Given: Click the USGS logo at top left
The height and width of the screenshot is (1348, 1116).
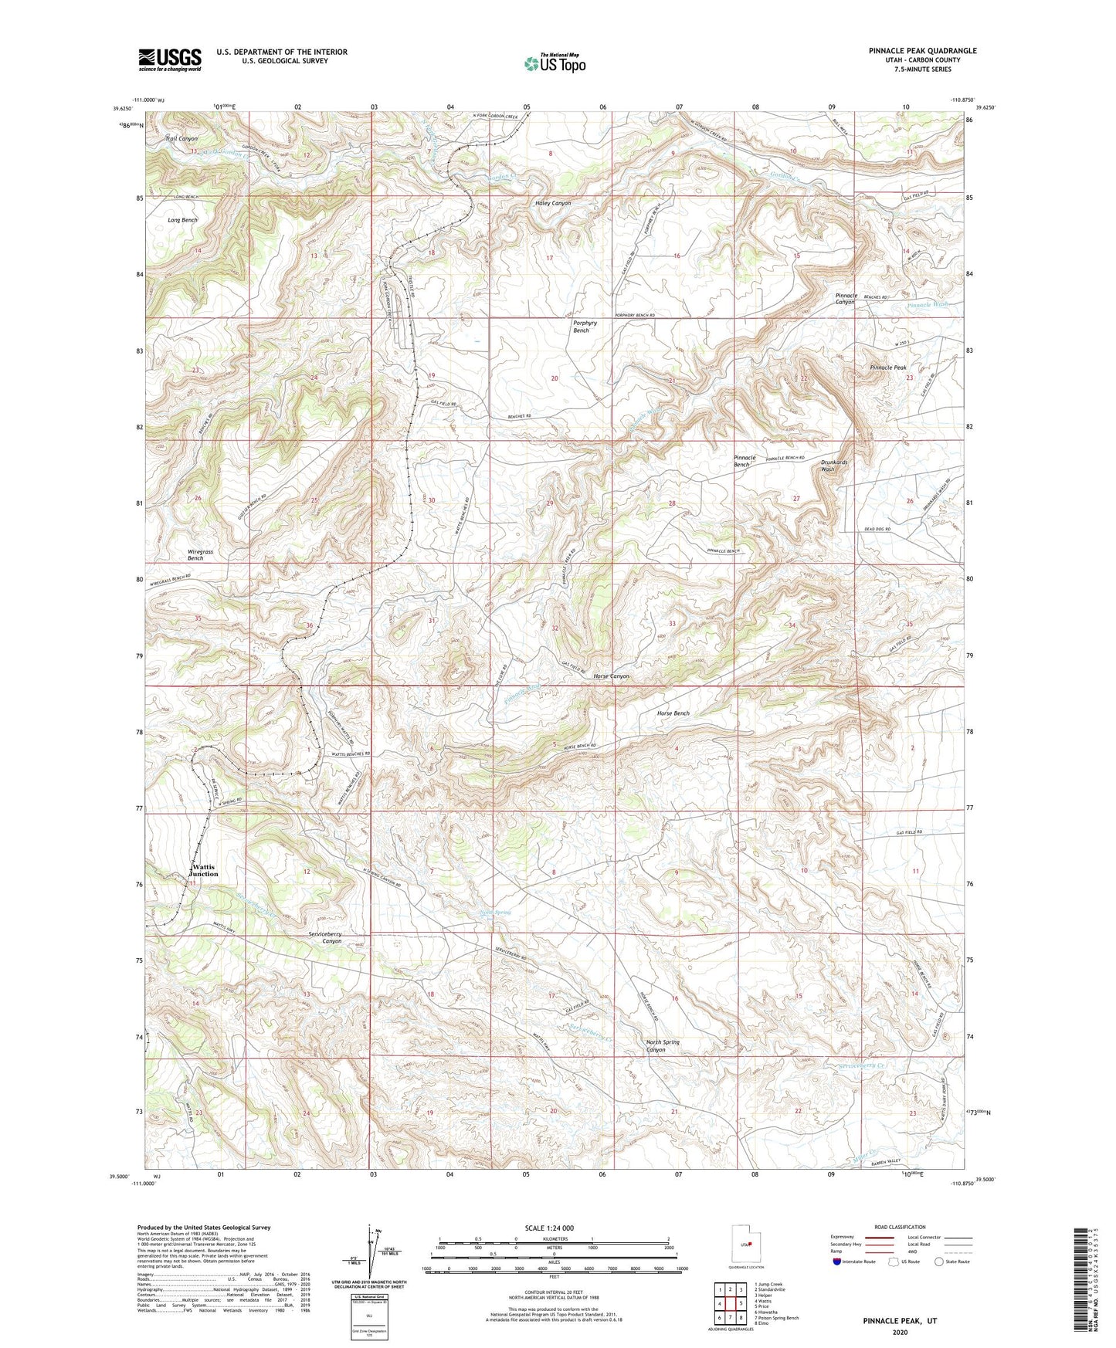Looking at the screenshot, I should click(170, 59).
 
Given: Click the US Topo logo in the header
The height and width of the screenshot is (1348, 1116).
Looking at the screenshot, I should click(555, 63).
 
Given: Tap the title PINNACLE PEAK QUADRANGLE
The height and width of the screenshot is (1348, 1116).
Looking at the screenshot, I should click(922, 51).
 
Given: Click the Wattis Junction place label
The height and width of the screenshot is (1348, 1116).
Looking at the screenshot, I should click(204, 871).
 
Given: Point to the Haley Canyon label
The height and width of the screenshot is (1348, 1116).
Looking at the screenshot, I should click(552, 203).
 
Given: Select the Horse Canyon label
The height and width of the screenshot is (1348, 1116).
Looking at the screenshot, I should click(611, 676).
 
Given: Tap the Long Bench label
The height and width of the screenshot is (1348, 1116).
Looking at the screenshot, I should click(183, 220).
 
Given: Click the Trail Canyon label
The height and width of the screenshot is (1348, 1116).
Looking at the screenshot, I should click(181, 139).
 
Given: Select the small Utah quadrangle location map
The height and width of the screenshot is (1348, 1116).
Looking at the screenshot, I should click(745, 1244).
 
